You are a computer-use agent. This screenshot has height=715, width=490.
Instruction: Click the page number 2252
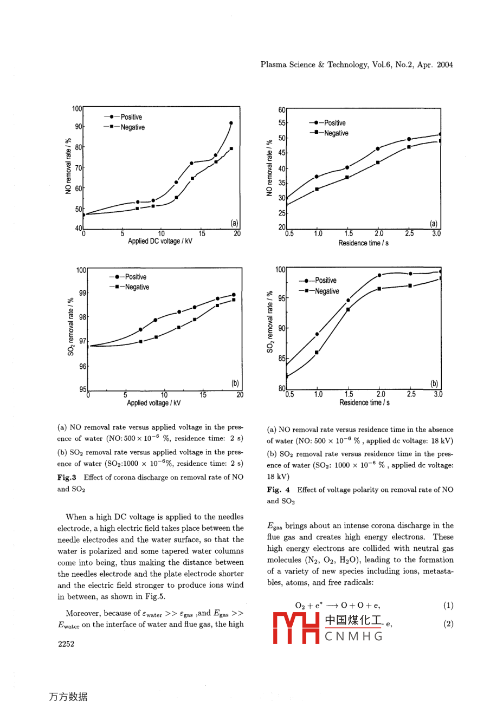pos(66,643)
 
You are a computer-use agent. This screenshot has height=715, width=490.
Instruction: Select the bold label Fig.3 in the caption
pos(67,477)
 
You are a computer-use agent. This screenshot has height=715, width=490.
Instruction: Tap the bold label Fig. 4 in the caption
pos(278,490)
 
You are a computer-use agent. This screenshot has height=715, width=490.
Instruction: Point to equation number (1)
pos(448,606)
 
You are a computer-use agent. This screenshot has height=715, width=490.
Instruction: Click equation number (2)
pos(448,623)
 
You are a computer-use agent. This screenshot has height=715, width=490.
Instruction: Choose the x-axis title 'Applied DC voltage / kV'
pos(160,242)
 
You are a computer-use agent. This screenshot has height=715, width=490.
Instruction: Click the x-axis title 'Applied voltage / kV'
pos(154,403)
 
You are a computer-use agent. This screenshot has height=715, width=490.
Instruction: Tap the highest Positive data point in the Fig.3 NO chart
pos(231,123)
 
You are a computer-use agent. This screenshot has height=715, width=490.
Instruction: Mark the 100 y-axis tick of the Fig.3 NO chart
pos(77,109)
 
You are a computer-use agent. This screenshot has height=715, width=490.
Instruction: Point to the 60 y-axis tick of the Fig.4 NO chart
pos(282,110)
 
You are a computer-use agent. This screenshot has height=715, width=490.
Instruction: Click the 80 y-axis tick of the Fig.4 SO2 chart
pos(282,388)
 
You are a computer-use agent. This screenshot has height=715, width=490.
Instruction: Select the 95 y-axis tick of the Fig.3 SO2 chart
pos(82,389)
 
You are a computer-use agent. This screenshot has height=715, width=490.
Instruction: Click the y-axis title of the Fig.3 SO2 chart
pos(70,327)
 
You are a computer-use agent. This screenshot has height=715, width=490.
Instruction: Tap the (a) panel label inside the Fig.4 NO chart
pos(434,223)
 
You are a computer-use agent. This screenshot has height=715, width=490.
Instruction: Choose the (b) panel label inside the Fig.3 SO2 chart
pos(235,383)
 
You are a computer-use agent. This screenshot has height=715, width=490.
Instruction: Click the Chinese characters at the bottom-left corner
pos(68,697)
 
